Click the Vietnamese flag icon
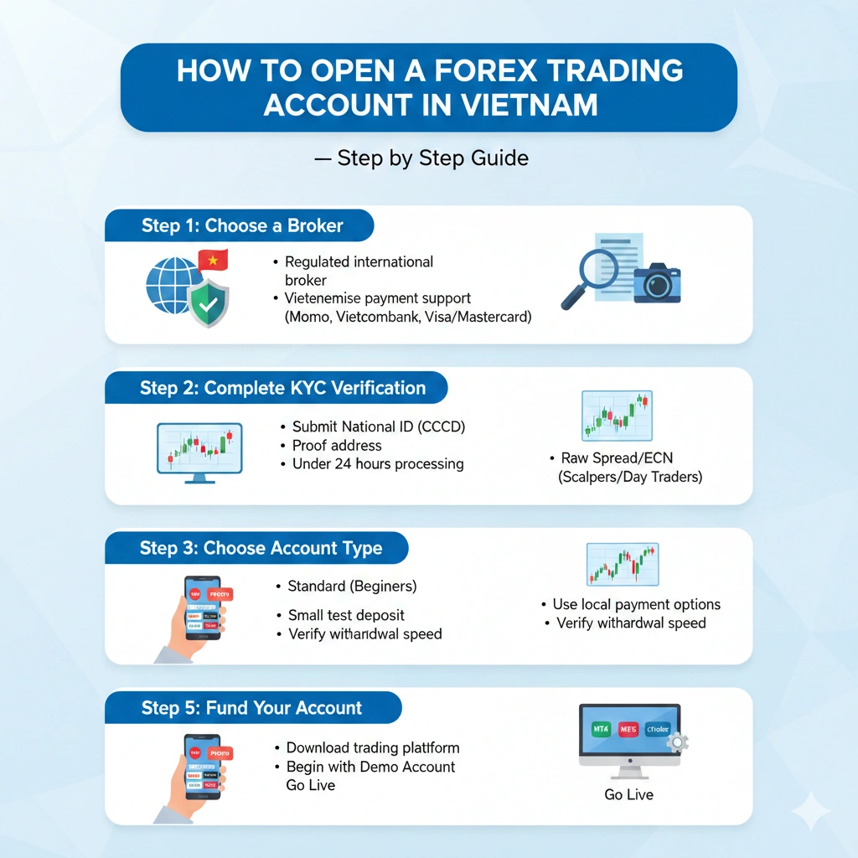[x=212, y=261]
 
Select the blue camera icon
[x=657, y=282]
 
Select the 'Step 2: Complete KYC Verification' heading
[x=282, y=388]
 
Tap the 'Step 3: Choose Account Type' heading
[x=261, y=549]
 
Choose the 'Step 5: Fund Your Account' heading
[x=251, y=708]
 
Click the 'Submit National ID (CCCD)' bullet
[x=378, y=426]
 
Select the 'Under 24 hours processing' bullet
[x=377, y=463]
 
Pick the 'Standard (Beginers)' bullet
[x=352, y=586]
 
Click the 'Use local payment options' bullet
[x=636, y=604]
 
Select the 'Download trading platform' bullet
[x=373, y=747]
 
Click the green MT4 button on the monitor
[x=601, y=729]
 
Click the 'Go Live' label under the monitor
[x=628, y=794]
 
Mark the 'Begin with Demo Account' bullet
[x=370, y=767]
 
